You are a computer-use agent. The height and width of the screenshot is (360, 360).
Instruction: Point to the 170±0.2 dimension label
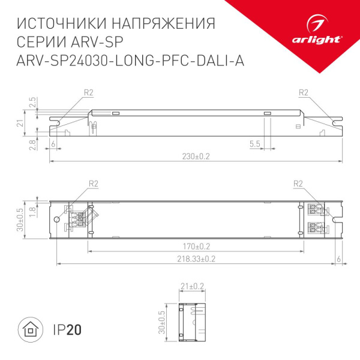[197, 246]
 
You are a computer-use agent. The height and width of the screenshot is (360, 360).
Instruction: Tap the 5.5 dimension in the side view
[254, 144]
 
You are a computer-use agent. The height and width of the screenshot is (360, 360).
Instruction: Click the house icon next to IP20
[29, 329]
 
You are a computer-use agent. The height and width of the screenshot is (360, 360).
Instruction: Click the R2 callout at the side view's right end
[302, 92]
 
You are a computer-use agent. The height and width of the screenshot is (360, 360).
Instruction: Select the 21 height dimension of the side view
[19, 123]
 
